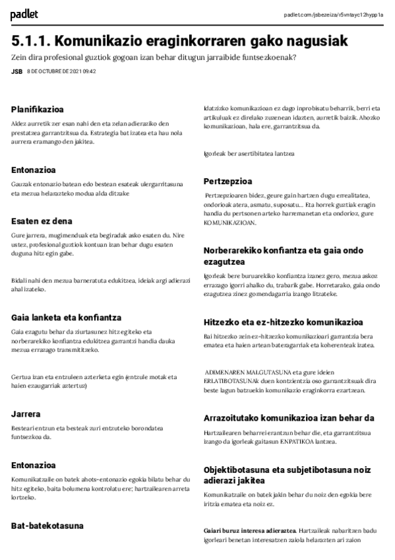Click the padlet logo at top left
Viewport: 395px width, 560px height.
(24, 14)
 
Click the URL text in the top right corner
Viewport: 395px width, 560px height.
(333, 15)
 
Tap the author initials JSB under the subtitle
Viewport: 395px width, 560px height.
(16, 71)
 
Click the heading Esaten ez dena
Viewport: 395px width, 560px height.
(42, 221)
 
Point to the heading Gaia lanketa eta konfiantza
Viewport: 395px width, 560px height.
(66, 317)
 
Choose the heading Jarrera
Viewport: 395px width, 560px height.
(26, 413)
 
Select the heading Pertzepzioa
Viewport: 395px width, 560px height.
(228, 180)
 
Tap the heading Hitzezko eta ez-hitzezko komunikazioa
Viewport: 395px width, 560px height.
(283, 322)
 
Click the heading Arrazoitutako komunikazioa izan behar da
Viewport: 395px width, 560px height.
(289, 417)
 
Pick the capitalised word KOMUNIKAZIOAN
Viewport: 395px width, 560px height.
(229, 223)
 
